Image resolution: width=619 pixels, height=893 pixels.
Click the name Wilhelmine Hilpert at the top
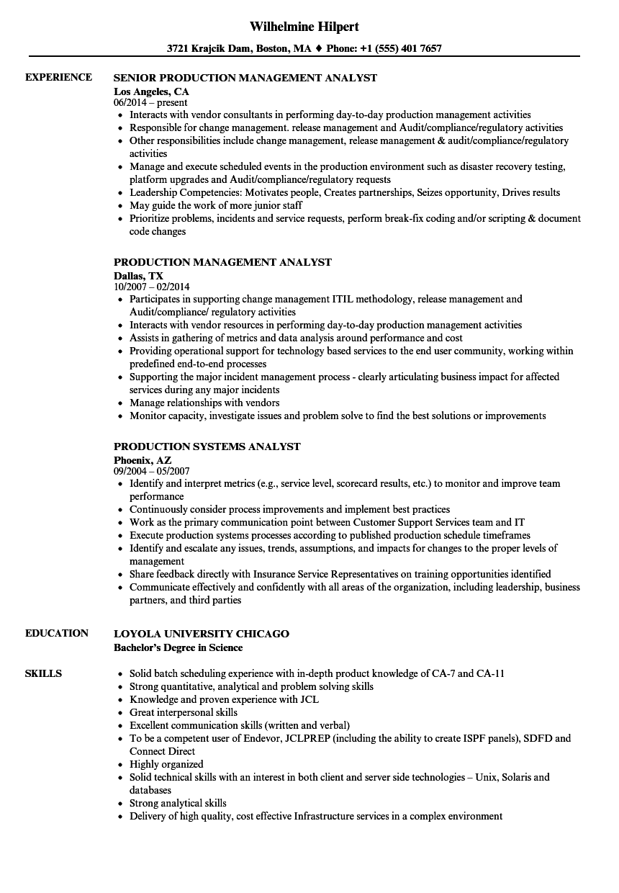[304, 27]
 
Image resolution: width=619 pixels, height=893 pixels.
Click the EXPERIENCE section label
[58, 77]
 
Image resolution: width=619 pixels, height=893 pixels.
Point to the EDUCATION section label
[57, 633]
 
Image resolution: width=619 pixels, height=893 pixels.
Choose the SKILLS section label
[43, 673]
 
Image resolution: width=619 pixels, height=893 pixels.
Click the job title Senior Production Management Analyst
[245, 78]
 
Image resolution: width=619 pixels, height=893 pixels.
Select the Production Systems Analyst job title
[207, 447]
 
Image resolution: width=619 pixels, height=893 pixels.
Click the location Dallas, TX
[139, 275]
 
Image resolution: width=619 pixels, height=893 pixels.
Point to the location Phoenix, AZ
[143, 459]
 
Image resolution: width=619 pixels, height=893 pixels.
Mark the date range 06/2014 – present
[150, 103]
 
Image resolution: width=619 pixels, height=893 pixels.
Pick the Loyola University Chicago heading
[202, 634]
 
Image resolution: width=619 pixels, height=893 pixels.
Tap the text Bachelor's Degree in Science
[179, 647]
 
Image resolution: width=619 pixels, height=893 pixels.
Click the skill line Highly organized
[166, 764]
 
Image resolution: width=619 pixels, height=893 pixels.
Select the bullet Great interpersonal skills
[184, 712]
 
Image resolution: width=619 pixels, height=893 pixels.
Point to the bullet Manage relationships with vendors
[204, 403]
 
